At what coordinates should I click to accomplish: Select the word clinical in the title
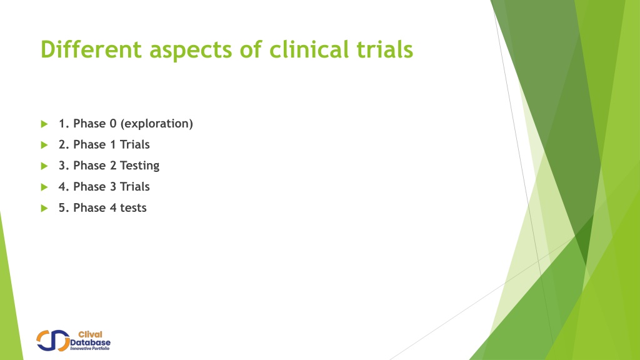309,49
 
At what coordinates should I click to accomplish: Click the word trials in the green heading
385,49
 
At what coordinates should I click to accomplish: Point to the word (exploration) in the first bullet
157,124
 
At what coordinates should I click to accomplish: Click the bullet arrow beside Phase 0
44,124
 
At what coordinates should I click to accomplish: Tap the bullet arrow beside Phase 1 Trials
44,145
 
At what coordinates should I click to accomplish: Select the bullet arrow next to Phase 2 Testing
44,166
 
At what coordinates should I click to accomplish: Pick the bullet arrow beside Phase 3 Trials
44,187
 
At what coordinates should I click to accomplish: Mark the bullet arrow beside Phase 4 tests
44,208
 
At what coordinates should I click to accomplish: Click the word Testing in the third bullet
139,166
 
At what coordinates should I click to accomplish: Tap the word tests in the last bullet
133,207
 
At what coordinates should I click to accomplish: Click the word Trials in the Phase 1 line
135,144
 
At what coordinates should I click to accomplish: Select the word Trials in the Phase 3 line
135,186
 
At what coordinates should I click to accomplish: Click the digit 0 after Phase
113,123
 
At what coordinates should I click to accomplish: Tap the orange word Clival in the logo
90,334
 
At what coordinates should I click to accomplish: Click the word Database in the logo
90,342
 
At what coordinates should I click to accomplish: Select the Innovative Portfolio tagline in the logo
90,349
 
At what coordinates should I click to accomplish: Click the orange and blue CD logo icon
53,341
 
